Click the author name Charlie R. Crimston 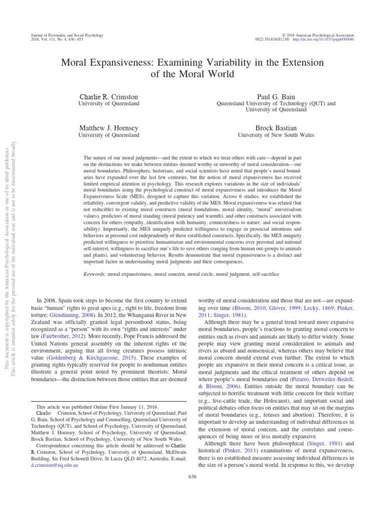coord(110,96)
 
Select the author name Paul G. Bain coord(275,96)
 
